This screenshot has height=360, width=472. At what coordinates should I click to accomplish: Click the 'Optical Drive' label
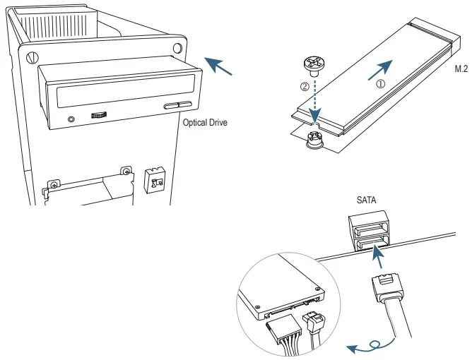click(x=205, y=122)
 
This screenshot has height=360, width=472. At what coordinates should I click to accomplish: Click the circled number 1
click(x=381, y=83)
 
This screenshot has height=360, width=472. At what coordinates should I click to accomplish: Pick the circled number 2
click(x=305, y=87)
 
